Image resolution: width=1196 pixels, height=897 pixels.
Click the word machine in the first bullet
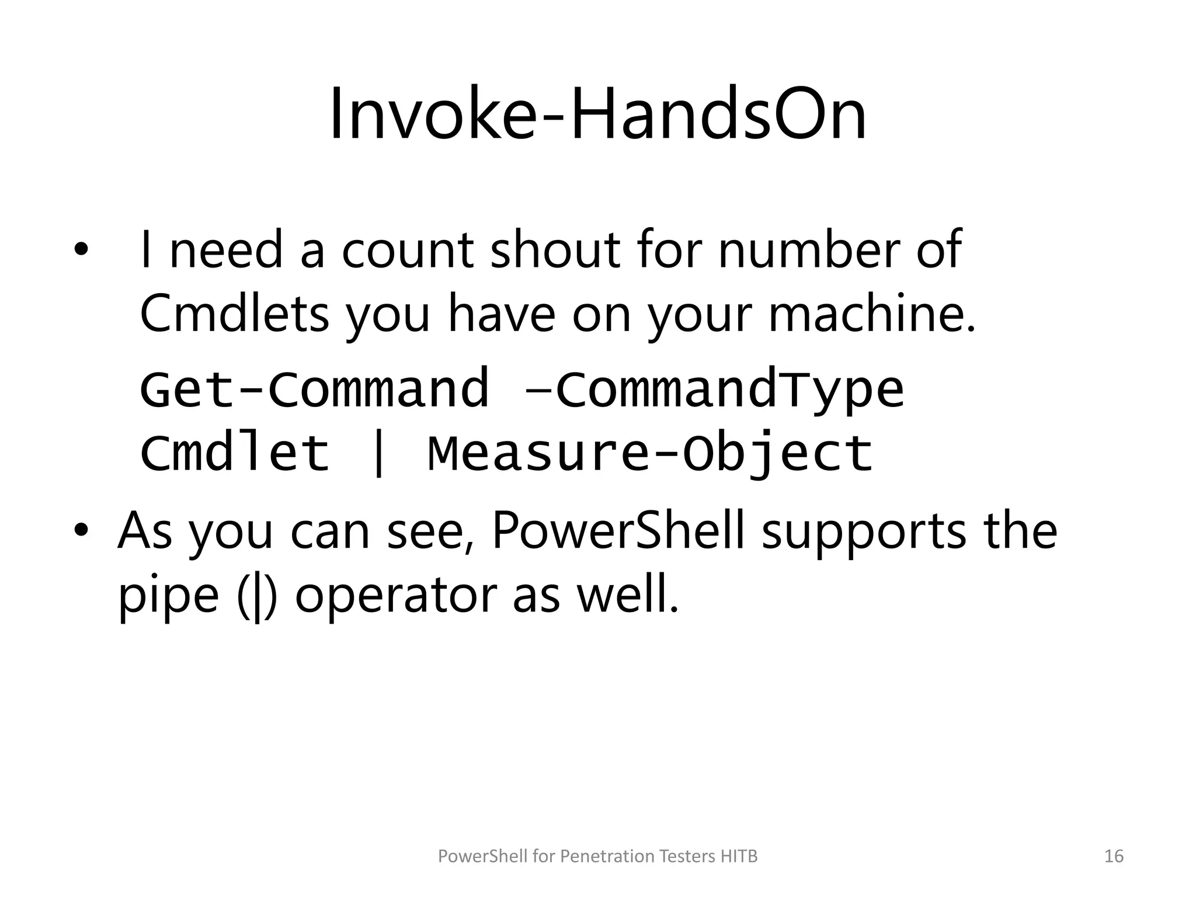point(864,314)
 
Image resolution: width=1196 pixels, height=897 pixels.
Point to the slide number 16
point(1114,856)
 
